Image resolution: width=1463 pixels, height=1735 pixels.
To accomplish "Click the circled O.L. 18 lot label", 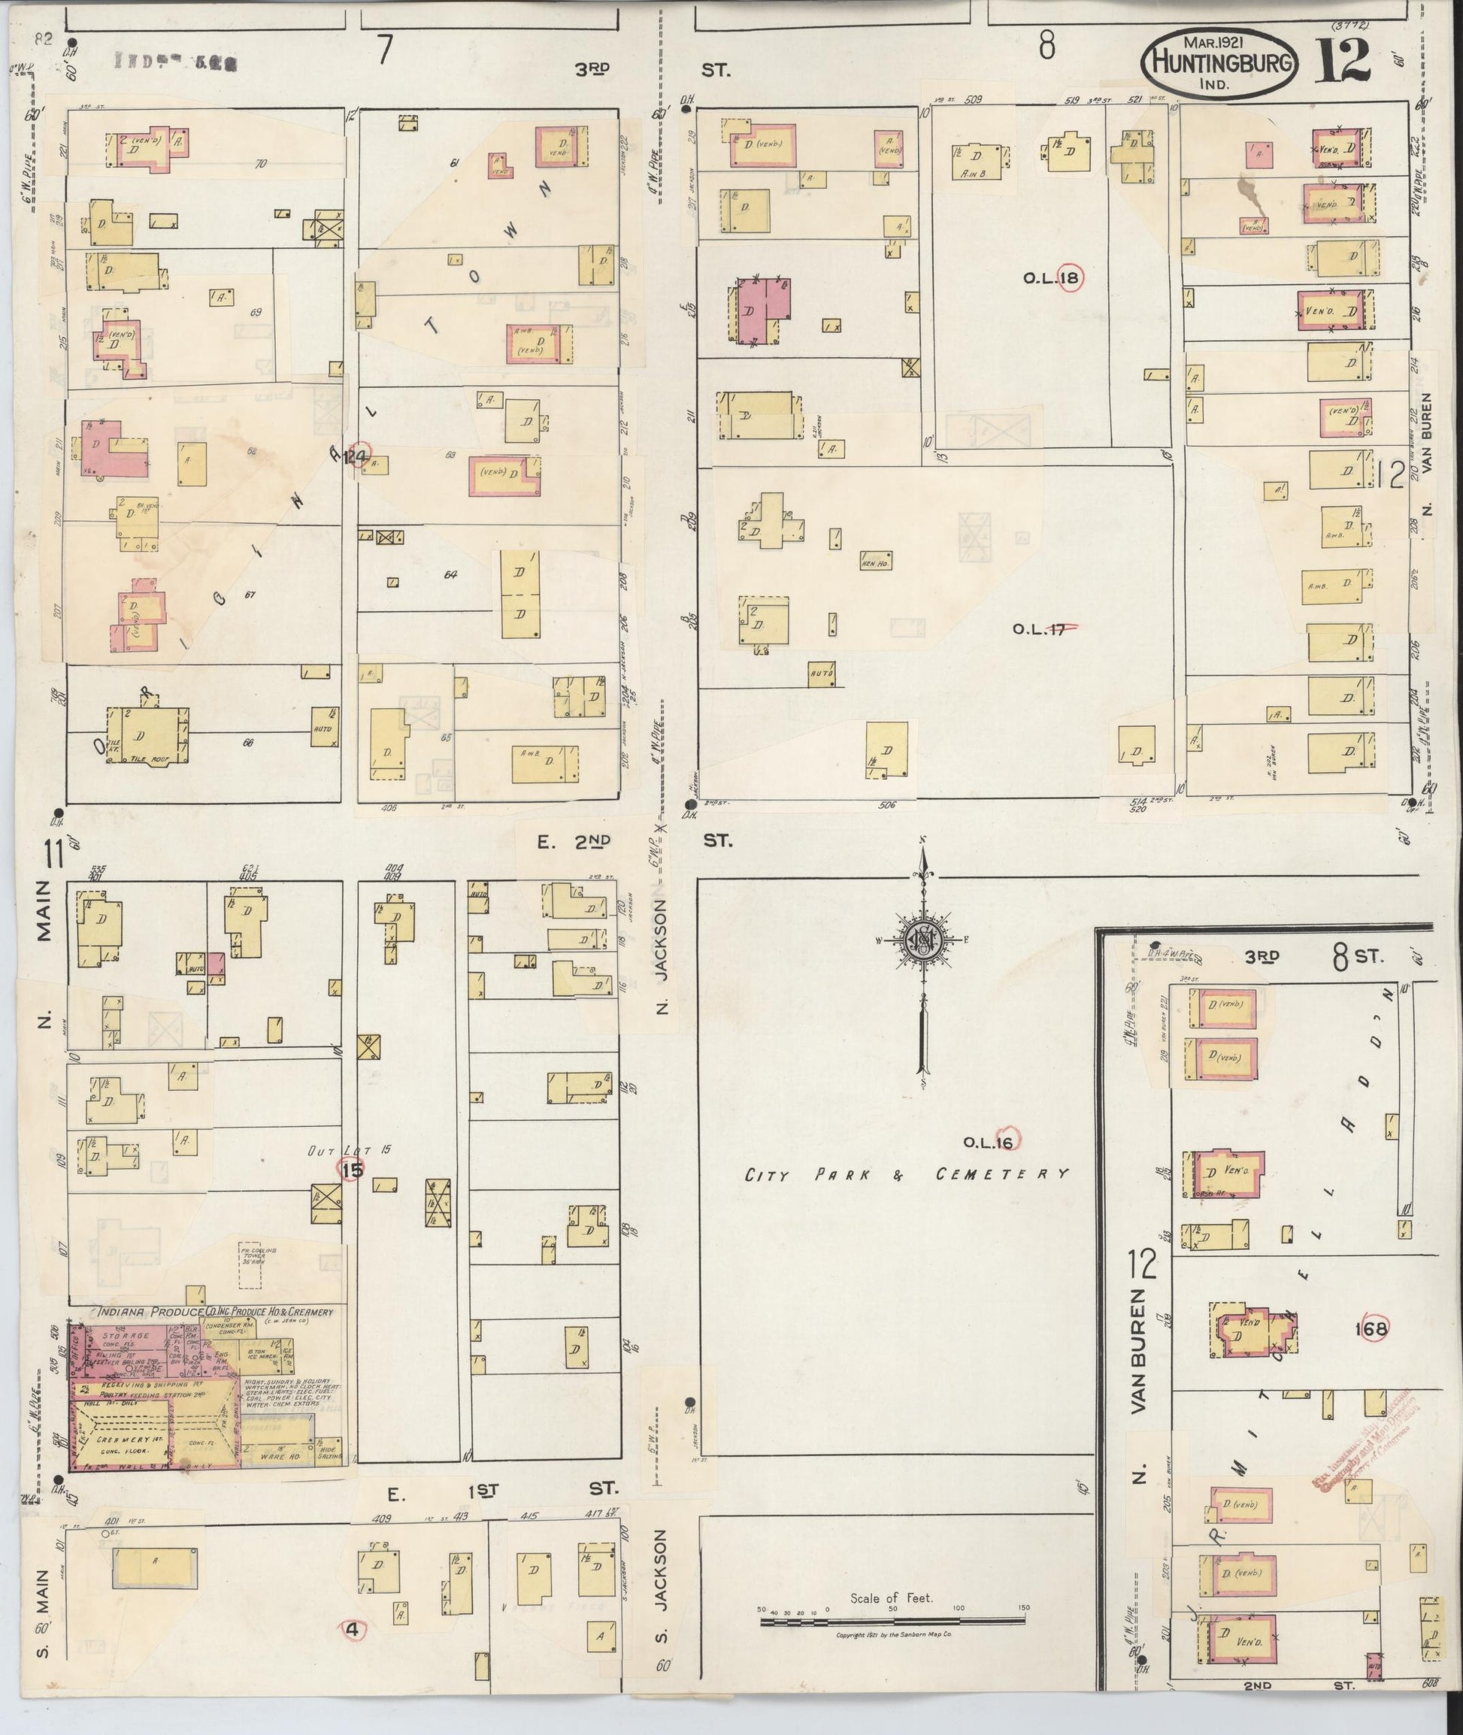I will [x=1052, y=278].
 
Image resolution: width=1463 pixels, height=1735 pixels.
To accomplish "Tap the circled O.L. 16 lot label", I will [x=989, y=1142].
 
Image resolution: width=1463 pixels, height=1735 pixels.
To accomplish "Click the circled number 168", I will [x=1370, y=1328].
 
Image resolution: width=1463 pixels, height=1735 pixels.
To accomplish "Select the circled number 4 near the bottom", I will [x=353, y=1630].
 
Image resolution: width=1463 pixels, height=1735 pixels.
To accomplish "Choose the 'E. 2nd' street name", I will [x=573, y=843].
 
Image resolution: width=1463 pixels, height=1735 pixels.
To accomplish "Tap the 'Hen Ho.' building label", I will [x=876, y=561].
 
